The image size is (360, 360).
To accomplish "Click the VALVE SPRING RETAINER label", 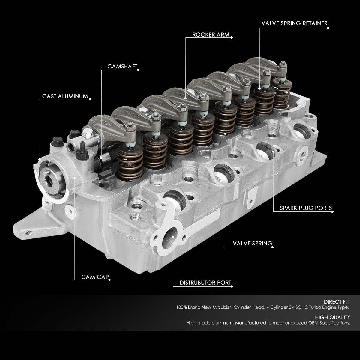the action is [294, 23].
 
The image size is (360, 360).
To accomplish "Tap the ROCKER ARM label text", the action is [211, 35].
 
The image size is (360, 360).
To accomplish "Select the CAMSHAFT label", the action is [122, 67].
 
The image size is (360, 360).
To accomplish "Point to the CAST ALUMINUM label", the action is [65, 96].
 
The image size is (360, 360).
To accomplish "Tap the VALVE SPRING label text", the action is [252, 243].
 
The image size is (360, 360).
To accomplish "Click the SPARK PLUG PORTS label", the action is [306, 208].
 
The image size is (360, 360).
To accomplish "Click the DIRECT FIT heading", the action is [337, 302].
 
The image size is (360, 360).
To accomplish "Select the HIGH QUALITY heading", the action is [332, 317].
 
